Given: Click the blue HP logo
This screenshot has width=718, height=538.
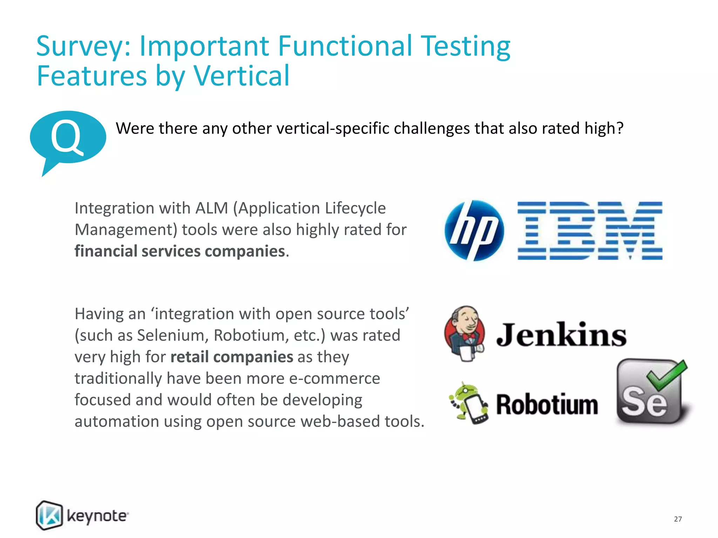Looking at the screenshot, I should [x=474, y=230].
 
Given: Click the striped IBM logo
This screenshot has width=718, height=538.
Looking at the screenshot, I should [x=590, y=230].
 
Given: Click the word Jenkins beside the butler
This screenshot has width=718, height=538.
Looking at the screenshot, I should [x=561, y=335].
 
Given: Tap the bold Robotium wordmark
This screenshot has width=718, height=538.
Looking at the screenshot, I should [x=547, y=405].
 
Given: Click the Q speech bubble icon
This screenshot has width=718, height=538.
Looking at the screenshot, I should [x=68, y=138].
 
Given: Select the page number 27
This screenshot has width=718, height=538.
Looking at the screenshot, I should [x=678, y=519].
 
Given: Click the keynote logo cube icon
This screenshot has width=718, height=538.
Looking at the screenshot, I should [x=49, y=515].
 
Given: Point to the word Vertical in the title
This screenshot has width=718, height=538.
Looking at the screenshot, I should [x=242, y=76].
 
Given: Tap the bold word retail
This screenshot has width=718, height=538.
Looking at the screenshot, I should [x=189, y=357].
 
